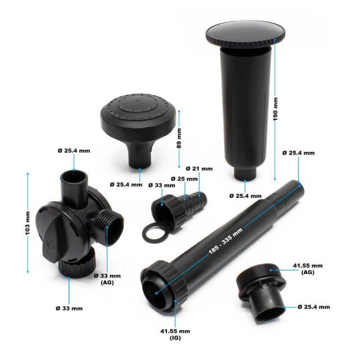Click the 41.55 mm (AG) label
(x=307, y=268)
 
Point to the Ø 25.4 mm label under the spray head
(x=126, y=184)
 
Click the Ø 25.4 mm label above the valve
(x=74, y=151)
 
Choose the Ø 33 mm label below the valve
(x=69, y=308)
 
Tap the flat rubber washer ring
(x=152, y=232)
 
